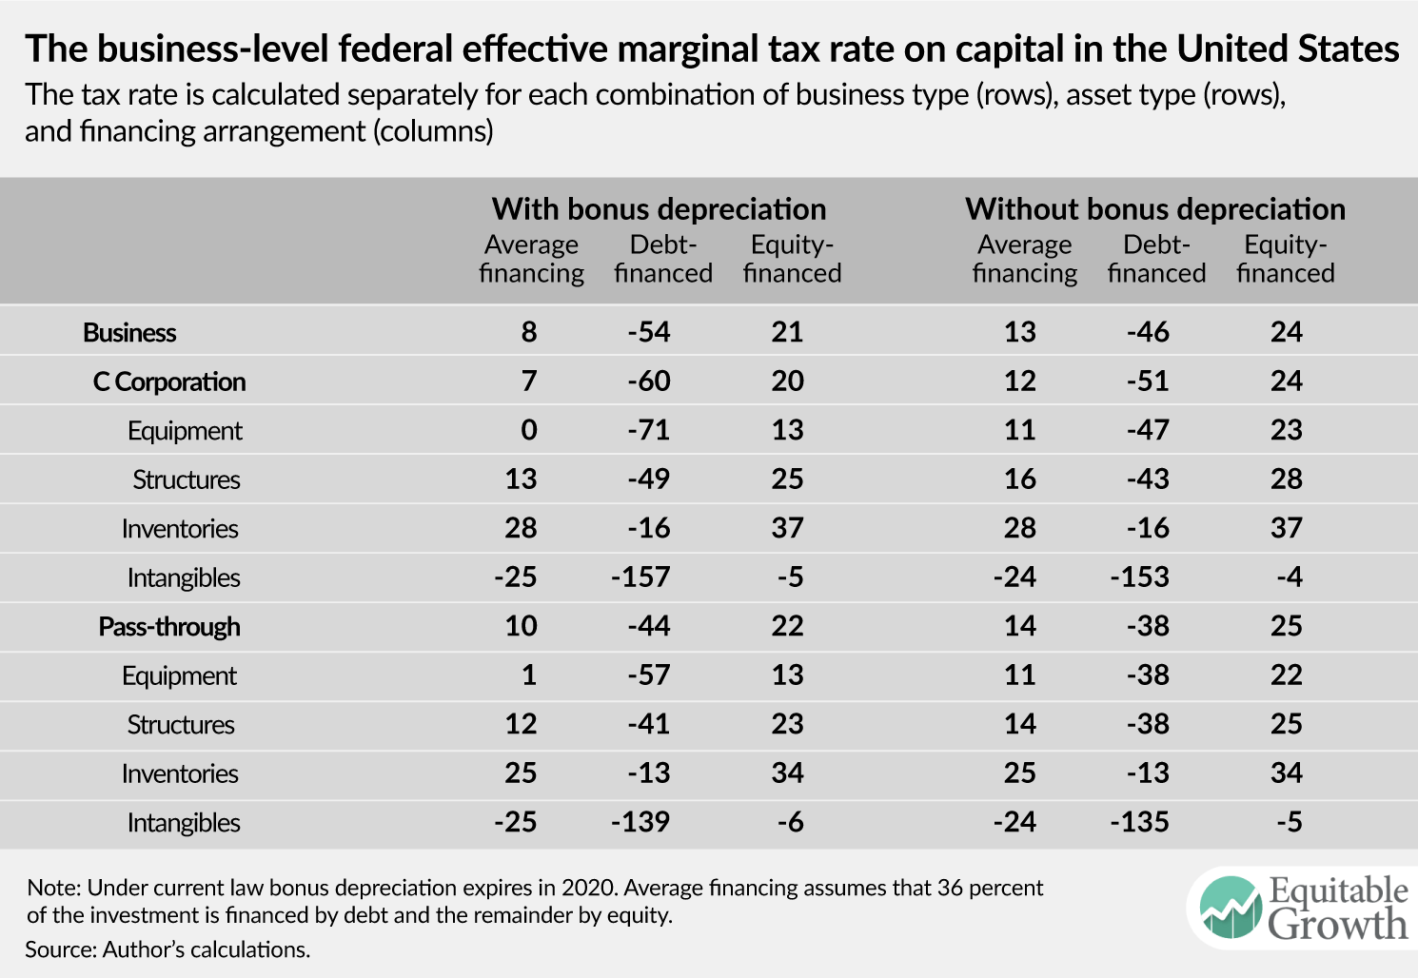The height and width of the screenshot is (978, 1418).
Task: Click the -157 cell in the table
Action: click(640, 577)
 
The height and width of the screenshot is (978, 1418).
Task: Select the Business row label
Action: click(129, 332)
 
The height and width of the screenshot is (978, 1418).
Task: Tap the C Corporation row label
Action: click(169, 381)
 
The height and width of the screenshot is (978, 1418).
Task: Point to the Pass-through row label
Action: click(169, 627)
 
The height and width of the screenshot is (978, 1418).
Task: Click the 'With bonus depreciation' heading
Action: click(659, 208)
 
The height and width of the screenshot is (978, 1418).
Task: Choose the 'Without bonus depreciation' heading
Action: click(1155, 208)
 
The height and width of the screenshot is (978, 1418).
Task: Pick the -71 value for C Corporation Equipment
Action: click(649, 430)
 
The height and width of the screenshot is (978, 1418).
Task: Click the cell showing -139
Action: click(640, 822)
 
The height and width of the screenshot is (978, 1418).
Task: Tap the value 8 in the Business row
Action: click(529, 332)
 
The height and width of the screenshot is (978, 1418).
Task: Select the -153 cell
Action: click(1139, 577)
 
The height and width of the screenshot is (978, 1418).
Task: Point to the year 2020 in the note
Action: click(588, 888)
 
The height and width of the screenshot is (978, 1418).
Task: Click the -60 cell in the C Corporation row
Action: click(649, 381)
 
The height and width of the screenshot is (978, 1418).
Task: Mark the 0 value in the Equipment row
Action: click(529, 430)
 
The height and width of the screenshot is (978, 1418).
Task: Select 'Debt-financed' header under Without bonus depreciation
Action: click(1156, 259)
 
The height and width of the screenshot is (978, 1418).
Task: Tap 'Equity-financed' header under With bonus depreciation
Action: click(792, 259)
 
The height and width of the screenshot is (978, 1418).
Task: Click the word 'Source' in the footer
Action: click(59, 949)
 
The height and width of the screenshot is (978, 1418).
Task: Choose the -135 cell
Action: click(1139, 822)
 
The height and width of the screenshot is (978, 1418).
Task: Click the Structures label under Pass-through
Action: click(181, 725)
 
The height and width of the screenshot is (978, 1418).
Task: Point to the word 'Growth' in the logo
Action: click(1337, 925)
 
